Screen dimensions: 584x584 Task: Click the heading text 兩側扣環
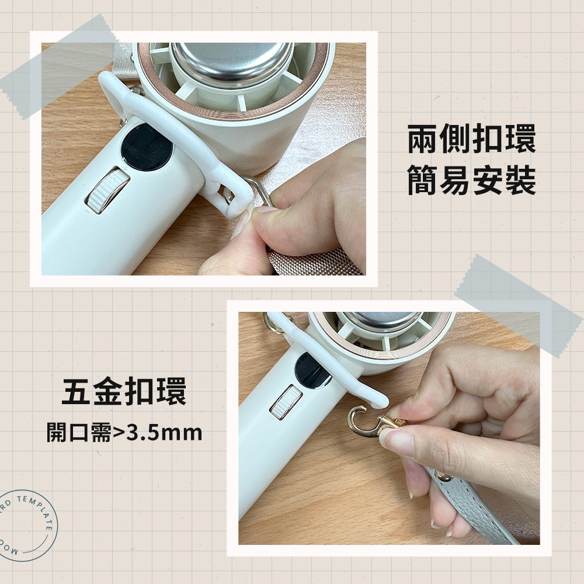471,142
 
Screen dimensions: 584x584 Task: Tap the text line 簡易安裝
471,180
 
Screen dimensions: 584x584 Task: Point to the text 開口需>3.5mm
124,433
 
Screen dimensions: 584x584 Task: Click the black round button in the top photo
147,147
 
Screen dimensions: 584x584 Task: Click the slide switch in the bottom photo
286,402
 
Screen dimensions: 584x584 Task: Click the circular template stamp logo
26,526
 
